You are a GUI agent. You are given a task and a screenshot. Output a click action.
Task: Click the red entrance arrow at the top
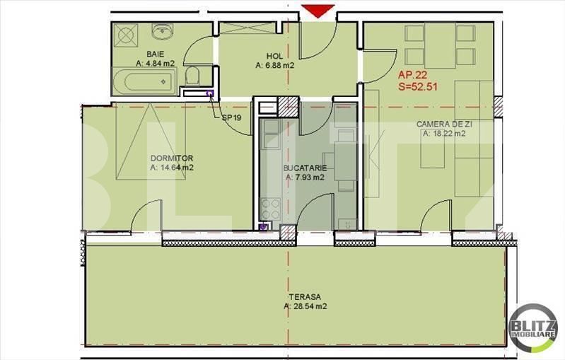pyautogui.click(x=318, y=11)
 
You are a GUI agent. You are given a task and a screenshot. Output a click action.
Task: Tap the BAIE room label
pyautogui.click(x=156, y=54)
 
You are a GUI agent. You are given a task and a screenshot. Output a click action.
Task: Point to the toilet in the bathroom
pyautogui.click(x=192, y=76)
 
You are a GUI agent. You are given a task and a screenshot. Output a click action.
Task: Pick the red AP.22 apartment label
pyautogui.click(x=412, y=75)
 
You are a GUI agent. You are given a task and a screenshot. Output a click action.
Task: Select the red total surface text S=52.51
pyautogui.click(x=418, y=86)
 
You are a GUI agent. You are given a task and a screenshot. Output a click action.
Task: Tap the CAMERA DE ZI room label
pyautogui.click(x=444, y=124)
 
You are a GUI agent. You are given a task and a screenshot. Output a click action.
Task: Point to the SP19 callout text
pyautogui.click(x=232, y=117)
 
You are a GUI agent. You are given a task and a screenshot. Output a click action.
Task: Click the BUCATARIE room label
pyautogui.click(x=305, y=168)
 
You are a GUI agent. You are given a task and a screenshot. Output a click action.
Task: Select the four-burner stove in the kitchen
pyautogui.click(x=270, y=209)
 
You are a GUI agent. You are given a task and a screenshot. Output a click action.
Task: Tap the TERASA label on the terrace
pyautogui.click(x=305, y=297)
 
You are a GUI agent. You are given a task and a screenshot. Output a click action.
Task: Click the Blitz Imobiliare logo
pyautogui.click(x=533, y=328)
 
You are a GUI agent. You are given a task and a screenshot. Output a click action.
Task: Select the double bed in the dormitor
pyautogui.click(x=150, y=141)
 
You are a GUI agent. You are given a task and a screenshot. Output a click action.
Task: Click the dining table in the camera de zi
pyautogui.click(x=440, y=46)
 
